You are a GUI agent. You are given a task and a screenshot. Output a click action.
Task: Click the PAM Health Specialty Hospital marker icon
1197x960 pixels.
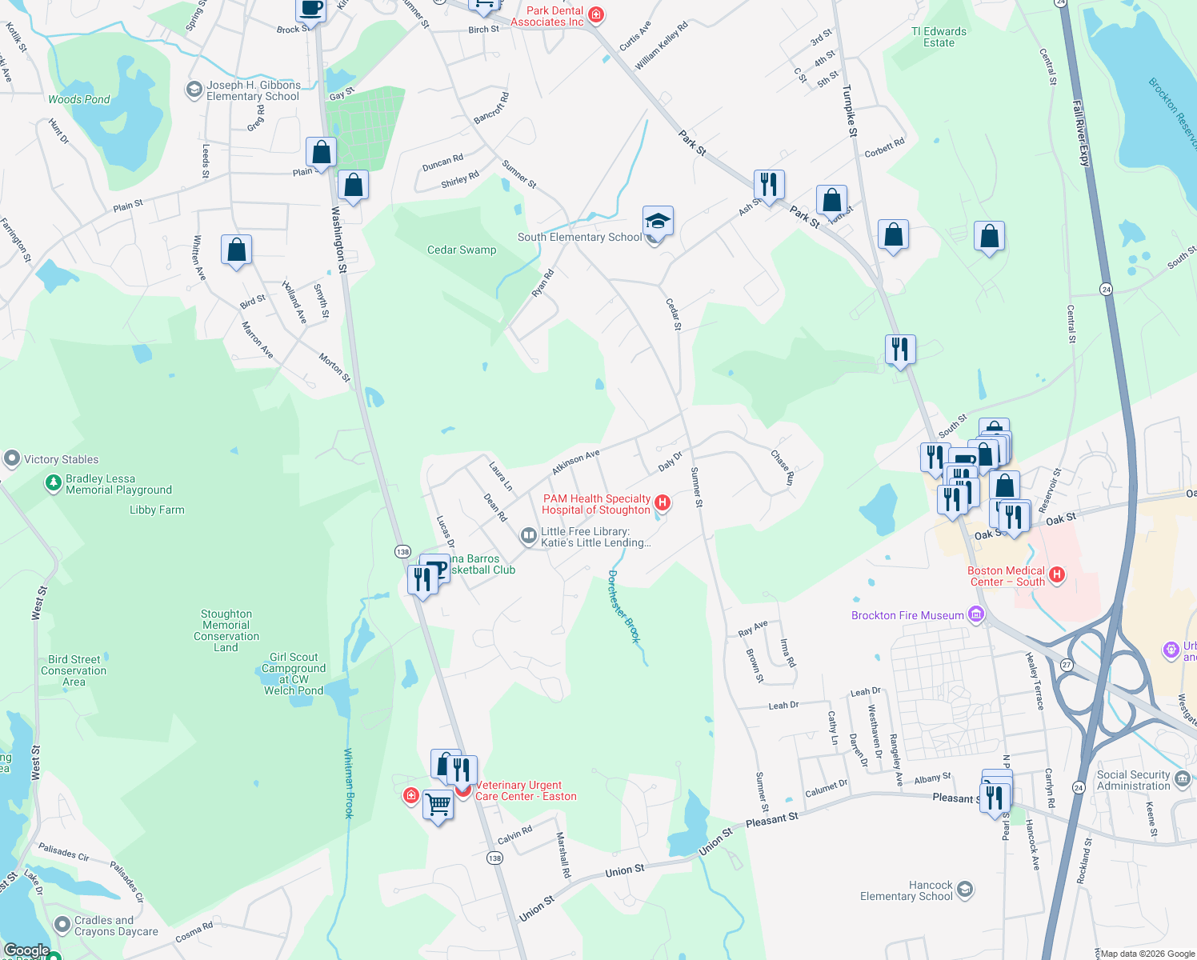coord(663,502)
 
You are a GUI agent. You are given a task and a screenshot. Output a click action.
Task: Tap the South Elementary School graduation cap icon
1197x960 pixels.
coord(658,221)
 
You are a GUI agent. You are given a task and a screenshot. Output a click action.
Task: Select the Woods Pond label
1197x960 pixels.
coord(79,99)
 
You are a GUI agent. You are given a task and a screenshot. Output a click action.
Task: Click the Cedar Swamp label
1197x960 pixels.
coord(462,250)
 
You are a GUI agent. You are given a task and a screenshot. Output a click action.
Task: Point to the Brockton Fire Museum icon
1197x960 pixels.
coord(975,615)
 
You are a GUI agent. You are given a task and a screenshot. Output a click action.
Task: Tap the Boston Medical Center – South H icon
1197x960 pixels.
coord(1057,574)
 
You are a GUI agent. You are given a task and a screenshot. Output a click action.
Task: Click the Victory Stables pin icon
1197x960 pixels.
coord(11,458)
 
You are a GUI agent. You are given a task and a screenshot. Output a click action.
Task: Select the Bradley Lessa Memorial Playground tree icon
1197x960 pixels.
coord(54,482)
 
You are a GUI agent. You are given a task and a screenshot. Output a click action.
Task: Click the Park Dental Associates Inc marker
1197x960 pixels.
coord(595,14)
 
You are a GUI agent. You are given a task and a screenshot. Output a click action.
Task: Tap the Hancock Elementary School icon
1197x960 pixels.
coord(965,890)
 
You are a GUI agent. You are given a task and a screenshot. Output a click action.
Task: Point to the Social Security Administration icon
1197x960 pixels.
coord(1183,778)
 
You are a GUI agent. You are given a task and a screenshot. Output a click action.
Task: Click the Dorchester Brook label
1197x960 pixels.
coord(624,606)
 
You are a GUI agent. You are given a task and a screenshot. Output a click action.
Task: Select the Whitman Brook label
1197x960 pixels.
coord(349,783)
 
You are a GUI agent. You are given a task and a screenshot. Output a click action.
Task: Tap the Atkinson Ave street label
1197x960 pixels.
coord(575,462)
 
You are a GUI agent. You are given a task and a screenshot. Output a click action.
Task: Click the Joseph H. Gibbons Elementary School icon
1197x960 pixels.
coord(194,90)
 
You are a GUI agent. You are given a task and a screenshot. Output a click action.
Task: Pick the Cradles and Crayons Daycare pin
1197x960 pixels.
coord(62,925)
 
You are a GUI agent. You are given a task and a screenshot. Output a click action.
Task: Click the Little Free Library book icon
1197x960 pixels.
coord(528,536)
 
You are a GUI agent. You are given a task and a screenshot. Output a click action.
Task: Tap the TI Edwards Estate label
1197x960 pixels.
coord(939,37)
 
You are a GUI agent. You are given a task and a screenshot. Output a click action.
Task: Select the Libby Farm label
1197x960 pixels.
coord(157,510)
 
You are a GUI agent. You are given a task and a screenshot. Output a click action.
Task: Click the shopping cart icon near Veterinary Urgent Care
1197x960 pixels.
coord(438,803)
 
